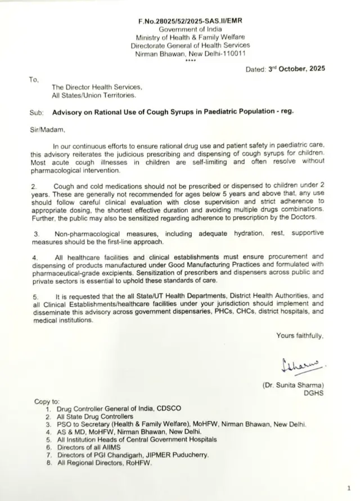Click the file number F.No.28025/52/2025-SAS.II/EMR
pyautogui.click(x=190, y=21)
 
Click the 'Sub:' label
pyautogui.click(x=36, y=111)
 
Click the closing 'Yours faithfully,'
pyautogui.click(x=300, y=336)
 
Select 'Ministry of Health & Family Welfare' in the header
pyautogui.click(x=190, y=37)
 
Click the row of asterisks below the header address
pyautogui.click(x=190, y=61)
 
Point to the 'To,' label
pyautogui.click(x=34, y=79)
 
